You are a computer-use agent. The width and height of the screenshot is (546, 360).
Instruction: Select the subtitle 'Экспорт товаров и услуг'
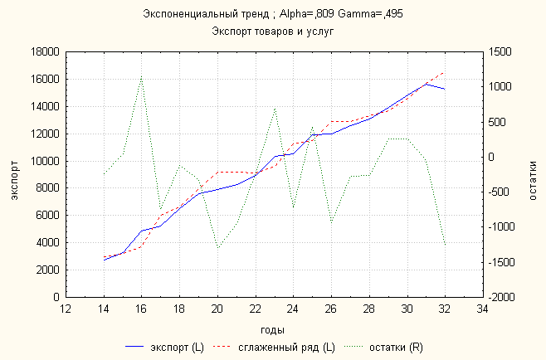272,31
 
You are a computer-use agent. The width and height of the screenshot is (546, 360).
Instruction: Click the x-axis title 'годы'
272,329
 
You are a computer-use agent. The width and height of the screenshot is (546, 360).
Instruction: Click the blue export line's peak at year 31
426,83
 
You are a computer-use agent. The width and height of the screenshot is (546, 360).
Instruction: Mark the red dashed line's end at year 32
445,72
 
